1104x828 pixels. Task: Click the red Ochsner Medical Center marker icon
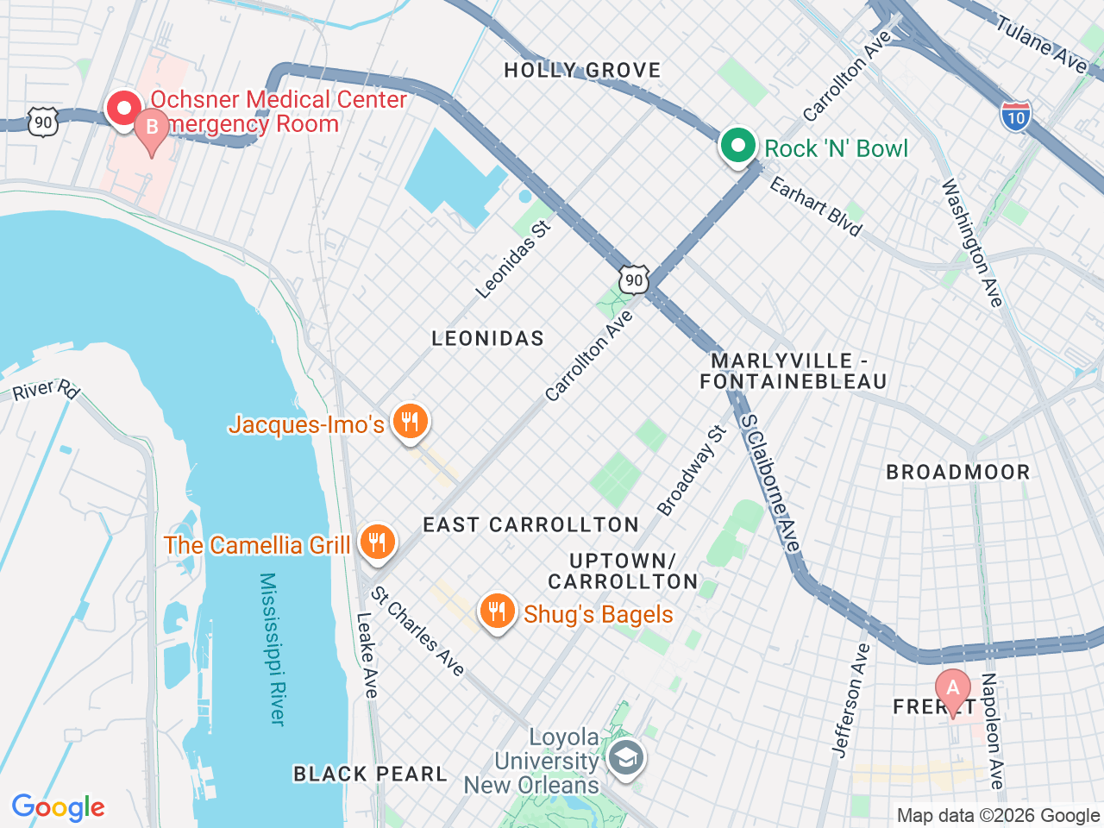(x=124, y=109)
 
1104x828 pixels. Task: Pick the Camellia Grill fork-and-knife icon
(x=377, y=543)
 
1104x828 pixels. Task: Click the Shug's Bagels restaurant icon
(x=496, y=612)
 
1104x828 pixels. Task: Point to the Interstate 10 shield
(x=1016, y=116)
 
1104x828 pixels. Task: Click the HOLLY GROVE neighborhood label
(x=582, y=71)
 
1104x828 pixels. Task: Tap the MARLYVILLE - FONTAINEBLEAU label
(x=793, y=371)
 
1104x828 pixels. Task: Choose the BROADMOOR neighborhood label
(x=957, y=472)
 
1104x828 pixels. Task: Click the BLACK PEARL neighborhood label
(x=370, y=774)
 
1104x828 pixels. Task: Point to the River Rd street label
(x=46, y=390)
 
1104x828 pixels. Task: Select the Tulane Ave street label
(x=1042, y=43)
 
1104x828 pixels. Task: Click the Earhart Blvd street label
(x=815, y=206)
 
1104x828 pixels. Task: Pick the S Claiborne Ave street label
(x=770, y=483)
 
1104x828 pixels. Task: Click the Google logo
(x=58, y=808)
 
